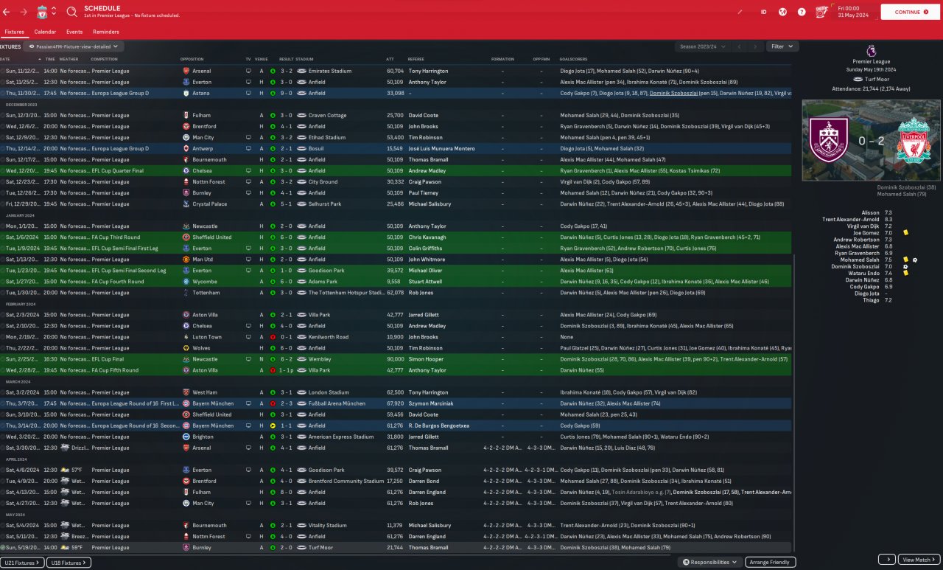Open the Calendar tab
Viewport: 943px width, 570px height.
click(45, 32)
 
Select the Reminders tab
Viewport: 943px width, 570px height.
click(106, 32)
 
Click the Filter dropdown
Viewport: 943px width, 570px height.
click(782, 46)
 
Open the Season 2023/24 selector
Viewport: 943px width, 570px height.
click(703, 46)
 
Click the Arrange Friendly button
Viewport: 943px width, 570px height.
click(770, 562)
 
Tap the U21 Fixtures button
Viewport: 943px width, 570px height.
click(22, 563)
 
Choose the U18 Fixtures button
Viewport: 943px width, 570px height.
click(69, 563)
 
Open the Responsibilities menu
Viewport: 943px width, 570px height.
click(710, 562)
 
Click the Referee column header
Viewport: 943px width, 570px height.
click(416, 59)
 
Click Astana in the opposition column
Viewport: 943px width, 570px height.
click(200, 94)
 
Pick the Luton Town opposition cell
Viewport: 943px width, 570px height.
click(207, 337)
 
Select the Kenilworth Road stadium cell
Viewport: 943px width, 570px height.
click(329, 337)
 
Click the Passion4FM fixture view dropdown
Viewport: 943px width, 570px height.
click(74, 46)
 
